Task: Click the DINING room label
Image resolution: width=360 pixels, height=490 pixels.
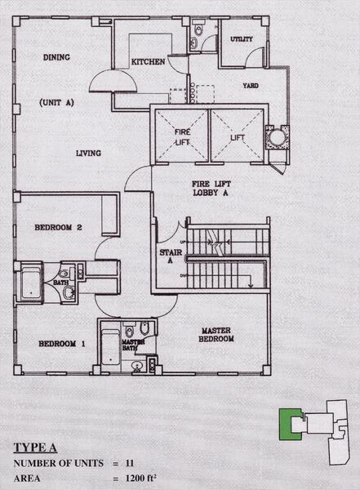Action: click(56, 57)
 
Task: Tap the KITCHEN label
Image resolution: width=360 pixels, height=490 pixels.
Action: click(149, 61)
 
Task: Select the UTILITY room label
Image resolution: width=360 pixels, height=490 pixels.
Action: click(242, 38)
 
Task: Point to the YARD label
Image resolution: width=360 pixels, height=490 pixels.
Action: click(250, 85)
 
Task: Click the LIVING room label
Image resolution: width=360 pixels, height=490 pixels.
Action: click(88, 153)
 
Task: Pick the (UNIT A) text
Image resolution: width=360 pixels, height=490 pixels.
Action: click(56, 102)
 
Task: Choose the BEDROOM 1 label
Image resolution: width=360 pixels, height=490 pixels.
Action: click(62, 344)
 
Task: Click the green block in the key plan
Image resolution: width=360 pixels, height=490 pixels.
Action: click(287, 424)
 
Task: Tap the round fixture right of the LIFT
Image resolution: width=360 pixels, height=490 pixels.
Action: click(276, 137)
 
